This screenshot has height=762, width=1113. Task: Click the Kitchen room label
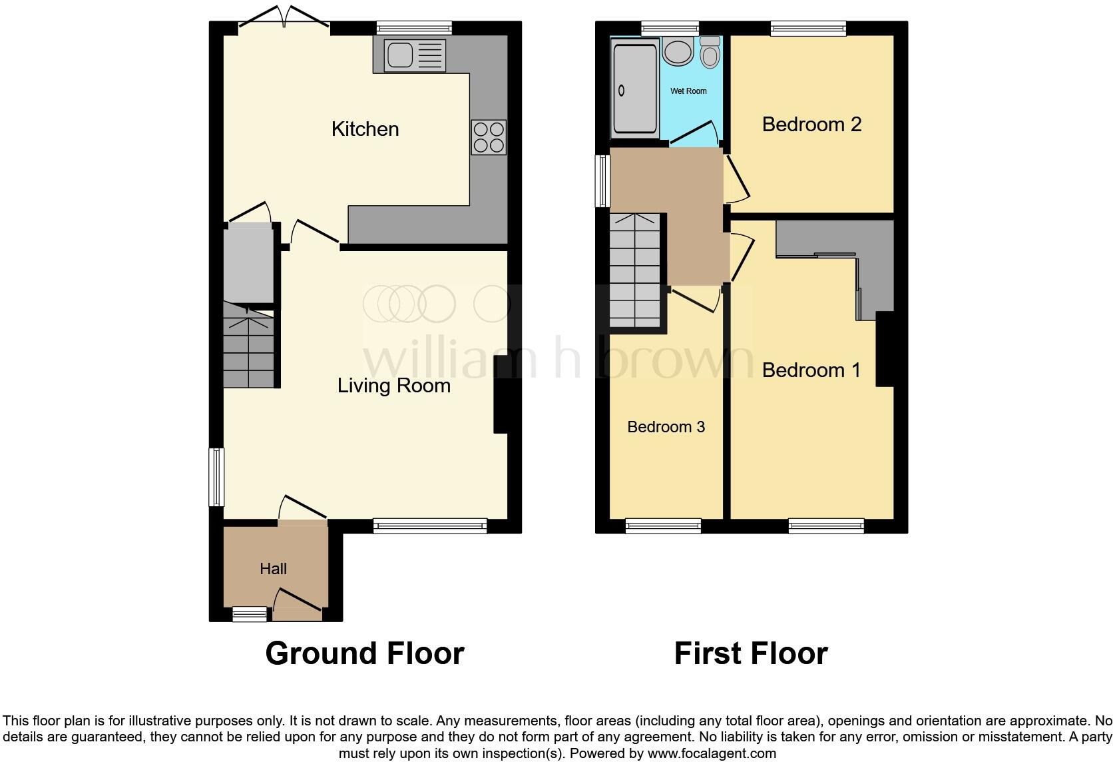pyautogui.click(x=365, y=129)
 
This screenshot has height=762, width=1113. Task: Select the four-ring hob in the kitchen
pyautogui.click(x=489, y=137)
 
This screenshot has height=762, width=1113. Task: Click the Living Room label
pyautogui.click(x=393, y=386)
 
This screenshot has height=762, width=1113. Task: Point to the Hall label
pyautogui.click(x=273, y=569)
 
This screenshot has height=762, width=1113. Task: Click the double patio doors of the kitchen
pyautogui.click(x=284, y=19)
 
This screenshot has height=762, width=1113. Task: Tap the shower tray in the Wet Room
pyautogui.click(x=634, y=88)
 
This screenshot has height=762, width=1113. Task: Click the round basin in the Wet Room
pyautogui.click(x=678, y=51)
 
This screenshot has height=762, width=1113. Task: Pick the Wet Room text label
pyautogui.click(x=688, y=91)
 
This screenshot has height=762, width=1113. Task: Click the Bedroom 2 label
pyautogui.click(x=811, y=125)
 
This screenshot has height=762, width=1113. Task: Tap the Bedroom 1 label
pyautogui.click(x=811, y=370)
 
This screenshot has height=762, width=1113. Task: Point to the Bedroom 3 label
pyautogui.click(x=666, y=427)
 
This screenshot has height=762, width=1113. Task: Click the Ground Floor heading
pyautogui.click(x=364, y=653)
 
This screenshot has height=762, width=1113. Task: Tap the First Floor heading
pyautogui.click(x=751, y=653)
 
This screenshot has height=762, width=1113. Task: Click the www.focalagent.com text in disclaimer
pyautogui.click(x=712, y=753)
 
